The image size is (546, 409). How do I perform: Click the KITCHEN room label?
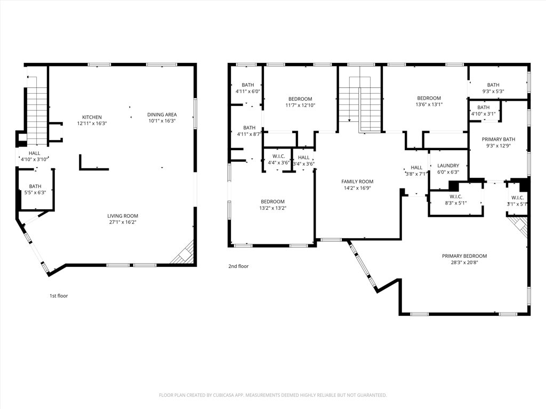pyautogui.click(x=92, y=117)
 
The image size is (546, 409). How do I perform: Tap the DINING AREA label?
pyautogui.click(x=162, y=114)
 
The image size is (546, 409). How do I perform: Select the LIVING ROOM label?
pyautogui.click(x=123, y=216)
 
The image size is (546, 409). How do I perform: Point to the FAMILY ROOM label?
pyautogui.click(x=357, y=182)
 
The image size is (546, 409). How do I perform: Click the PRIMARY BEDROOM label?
pyautogui.click(x=464, y=256)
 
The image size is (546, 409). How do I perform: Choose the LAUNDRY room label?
pyautogui.click(x=448, y=166)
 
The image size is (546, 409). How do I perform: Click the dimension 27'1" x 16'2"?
pyautogui.click(x=123, y=222)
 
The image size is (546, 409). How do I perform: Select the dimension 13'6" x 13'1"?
pyautogui.click(x=429, y=104)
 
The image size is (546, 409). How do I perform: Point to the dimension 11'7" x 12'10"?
pyautogui.click(x=300, y=105)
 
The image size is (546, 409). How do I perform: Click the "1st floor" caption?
pyautogui.click(x=59, y=296)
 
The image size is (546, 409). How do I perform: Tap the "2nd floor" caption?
pyautogui.click(x=238, y=266)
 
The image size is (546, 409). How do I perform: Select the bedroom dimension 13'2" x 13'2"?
pyautogui.click(x=272, y=208)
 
